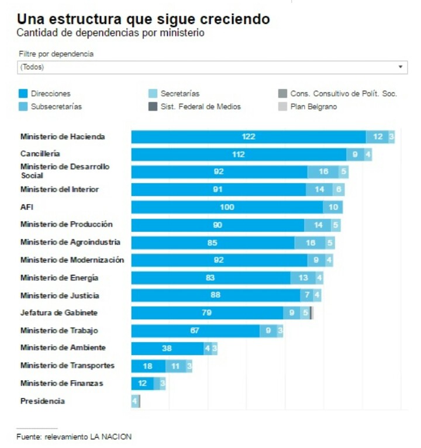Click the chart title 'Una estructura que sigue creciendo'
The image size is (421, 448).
[143, 19]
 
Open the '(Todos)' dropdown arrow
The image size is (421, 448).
[401, 67]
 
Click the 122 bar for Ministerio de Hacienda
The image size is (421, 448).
[249, 137]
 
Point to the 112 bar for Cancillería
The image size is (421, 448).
[239, 154]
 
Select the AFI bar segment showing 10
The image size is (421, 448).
[333, 207]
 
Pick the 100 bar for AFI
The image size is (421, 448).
[227, 207]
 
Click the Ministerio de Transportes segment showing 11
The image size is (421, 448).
[175, 366]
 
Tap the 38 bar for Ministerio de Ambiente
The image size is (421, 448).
[167, 349]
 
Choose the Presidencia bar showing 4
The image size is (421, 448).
[135, 401]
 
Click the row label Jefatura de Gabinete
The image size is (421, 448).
[58, 313]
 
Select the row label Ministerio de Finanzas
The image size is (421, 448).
[61, 383]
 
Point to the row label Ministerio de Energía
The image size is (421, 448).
[59, 278]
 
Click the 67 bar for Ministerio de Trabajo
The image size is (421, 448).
[195, 331]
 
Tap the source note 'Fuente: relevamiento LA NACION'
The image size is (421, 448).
[74, 436]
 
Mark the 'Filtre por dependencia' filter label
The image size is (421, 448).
[56, 54]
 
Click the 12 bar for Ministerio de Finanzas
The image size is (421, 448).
[143, 384]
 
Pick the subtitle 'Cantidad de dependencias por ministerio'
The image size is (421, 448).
[111, 33]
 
